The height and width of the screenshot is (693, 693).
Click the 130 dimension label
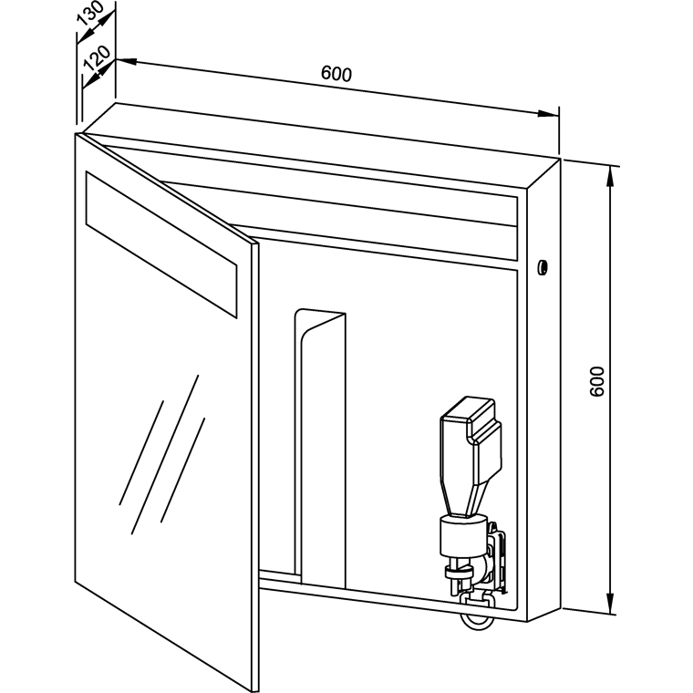90,14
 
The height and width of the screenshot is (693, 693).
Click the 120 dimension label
97,57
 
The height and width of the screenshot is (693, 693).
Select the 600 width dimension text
336,73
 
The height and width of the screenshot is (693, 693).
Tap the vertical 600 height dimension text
596,381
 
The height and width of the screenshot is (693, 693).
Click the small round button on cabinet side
543,267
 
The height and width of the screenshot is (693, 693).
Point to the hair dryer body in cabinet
471,455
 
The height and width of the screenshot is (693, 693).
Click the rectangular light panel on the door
161,244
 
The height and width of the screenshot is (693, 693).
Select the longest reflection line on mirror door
165,454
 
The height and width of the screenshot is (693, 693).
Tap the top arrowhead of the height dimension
611,177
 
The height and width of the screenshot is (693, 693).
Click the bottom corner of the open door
253,690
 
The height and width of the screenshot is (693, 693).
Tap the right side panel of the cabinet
544,389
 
